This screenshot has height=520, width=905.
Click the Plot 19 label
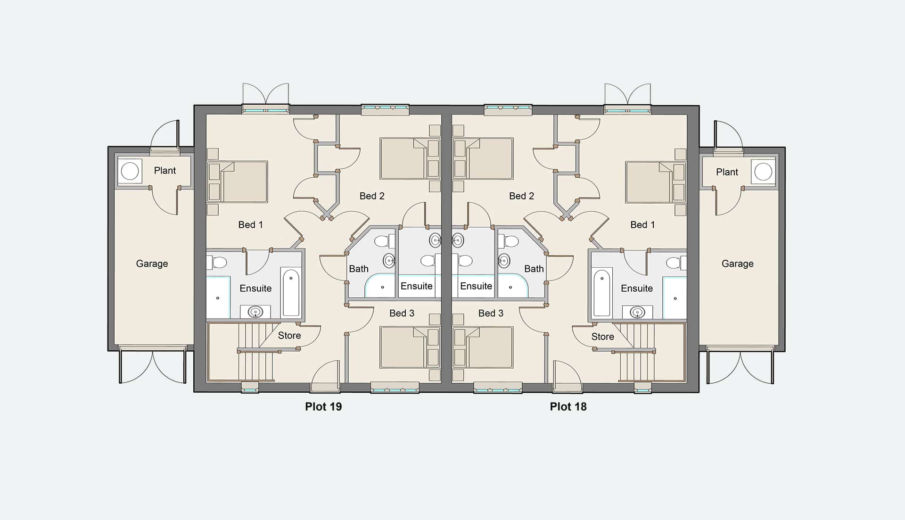tap(323, 406)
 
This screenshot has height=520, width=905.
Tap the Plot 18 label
tap(568, 406)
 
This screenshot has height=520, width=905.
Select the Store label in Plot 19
tap(289, 335)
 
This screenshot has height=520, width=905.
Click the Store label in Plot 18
tap(602, 337)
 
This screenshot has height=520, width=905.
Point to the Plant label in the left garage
tap(165, 171)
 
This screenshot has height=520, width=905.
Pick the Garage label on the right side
tap(738, 264)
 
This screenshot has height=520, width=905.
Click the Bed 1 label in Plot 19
tap(250, 225)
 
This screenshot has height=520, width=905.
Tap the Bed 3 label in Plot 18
tap(491, 313)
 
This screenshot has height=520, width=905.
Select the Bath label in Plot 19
tap(359, 269)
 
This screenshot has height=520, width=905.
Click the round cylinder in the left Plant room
tap(130, 171)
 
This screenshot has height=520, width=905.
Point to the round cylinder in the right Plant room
tap(763, 172)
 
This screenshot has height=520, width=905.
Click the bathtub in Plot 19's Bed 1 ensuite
tap(290, 292)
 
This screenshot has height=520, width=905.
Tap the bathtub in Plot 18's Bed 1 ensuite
tap(602, 292)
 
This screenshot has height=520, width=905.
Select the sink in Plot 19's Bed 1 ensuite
tap(255, 312)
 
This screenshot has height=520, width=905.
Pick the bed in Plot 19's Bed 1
tap(238, 182)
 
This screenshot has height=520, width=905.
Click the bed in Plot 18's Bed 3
tap(483, 347)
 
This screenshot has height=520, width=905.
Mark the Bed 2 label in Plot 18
tap(521, 196)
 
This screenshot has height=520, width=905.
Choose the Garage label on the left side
tap(152, 264)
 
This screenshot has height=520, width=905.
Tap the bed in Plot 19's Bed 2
tap(410, 158)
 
